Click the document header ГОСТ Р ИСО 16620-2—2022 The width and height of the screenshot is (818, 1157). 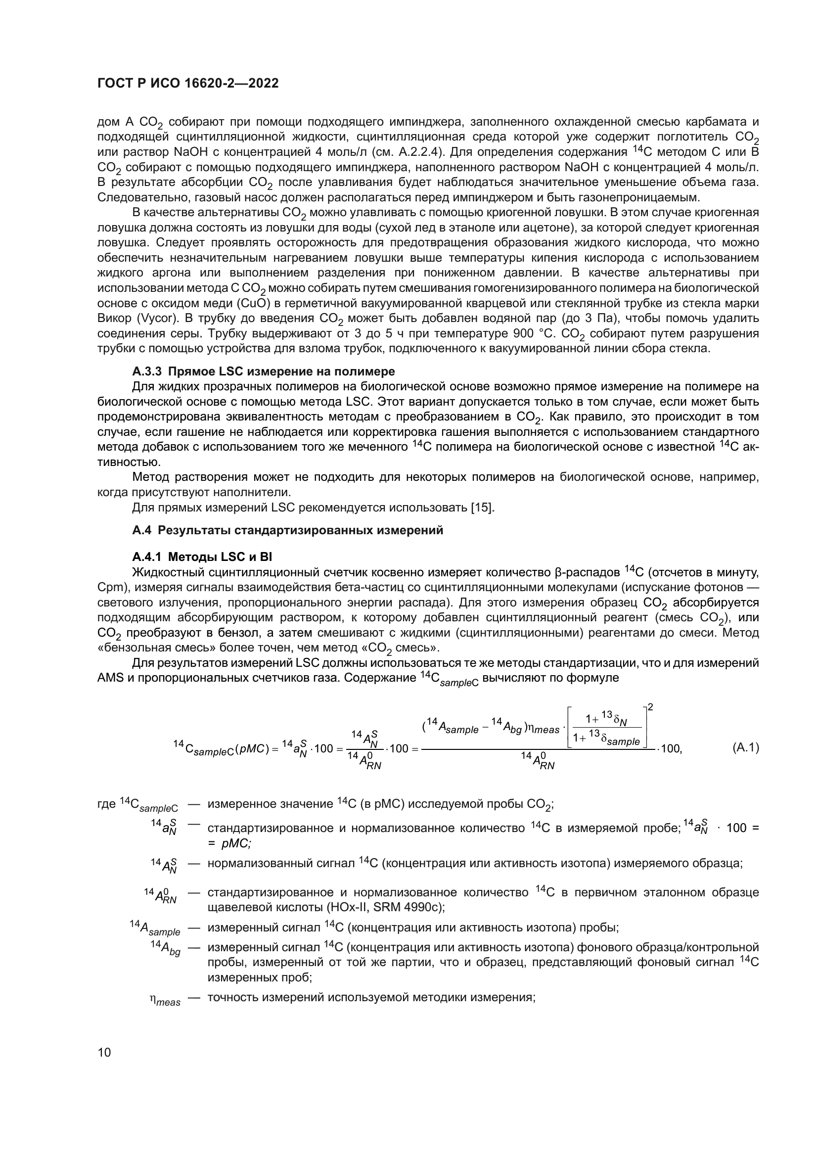[187, 83]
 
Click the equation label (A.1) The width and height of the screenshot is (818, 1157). [745, 747]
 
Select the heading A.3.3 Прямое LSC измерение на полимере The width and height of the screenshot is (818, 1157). [264, 371]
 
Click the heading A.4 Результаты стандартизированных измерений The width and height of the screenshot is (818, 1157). [288, 530]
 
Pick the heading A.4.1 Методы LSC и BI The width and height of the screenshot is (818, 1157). [202, 557]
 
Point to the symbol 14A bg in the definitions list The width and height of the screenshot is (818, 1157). [165, 947]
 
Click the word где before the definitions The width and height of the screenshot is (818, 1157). [106, 804]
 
